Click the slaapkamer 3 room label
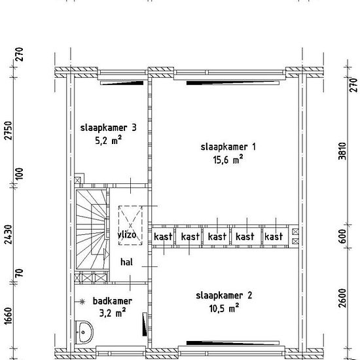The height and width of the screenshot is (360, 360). [109, 128]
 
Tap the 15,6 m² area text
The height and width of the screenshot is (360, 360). [228, 159]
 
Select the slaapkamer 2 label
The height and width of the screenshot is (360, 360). [224, 295]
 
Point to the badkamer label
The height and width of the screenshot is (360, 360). [113, 301]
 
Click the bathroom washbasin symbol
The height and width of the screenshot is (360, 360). [84, 332]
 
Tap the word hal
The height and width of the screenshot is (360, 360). [126, 262]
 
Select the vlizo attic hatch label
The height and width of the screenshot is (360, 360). [127, 234]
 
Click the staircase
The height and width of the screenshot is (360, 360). [92, 229]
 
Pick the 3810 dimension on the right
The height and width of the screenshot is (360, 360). [342, 151]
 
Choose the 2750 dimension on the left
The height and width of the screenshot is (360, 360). [8, 130]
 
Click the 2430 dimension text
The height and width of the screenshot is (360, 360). [8, 234]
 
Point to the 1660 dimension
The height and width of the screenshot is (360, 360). [8, 316]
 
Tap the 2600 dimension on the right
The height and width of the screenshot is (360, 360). [342, 298]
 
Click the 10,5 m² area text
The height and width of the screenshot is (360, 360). [224, 308]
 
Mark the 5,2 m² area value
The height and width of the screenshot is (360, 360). [108, 140]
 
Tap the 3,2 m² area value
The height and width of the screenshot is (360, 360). [113, 313]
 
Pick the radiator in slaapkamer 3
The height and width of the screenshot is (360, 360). [122, 83]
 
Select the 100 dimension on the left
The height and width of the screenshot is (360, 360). [20, 173]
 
